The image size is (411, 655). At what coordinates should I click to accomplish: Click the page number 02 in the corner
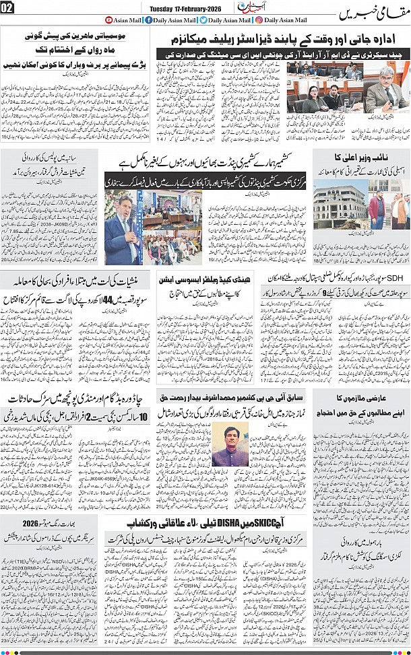(x=7, y=8)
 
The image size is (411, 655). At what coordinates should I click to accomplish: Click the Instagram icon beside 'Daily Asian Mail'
(x=259, y=20)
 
